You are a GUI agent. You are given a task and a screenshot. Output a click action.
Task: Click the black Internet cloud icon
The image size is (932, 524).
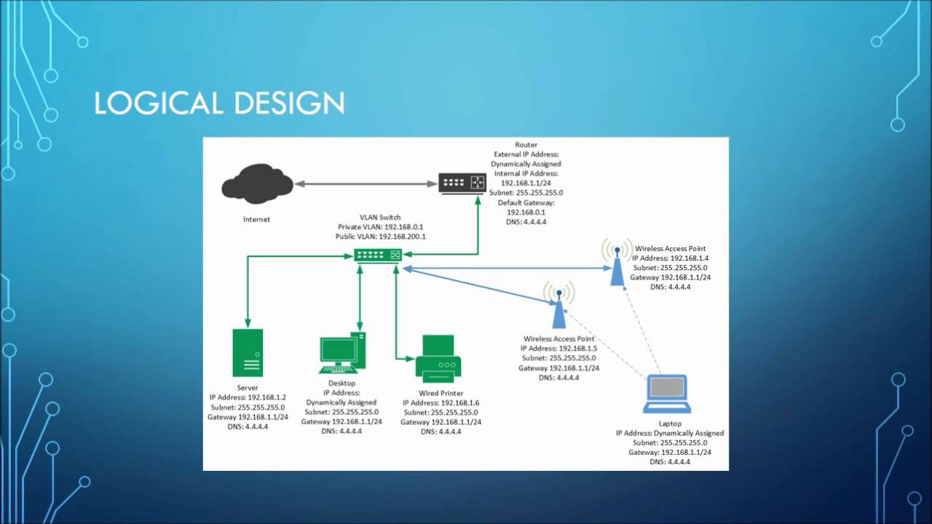[257, 184]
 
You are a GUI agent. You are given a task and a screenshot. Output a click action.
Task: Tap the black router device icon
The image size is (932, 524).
[462, 183]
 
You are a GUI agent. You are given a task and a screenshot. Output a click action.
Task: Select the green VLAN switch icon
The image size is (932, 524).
[378, 255]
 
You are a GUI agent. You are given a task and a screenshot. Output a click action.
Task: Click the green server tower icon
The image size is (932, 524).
[248, 353]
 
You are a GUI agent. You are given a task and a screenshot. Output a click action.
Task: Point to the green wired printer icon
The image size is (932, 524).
[438, 358]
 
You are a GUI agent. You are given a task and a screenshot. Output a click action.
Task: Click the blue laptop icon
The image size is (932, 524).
[667, 394]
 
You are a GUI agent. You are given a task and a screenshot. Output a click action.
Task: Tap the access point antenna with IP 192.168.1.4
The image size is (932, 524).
[617, 262]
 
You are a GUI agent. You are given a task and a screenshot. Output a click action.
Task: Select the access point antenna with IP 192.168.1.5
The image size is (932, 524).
[558, 305]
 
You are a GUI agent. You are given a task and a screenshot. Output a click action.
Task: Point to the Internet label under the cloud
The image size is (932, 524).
[256, 219]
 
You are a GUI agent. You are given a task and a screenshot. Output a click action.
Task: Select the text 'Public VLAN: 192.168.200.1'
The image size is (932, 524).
[380, 237]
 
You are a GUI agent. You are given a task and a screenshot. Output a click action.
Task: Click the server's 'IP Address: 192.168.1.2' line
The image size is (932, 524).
[248, 398]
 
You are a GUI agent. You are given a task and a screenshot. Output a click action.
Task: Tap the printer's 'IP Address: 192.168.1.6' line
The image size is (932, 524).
[441, 403]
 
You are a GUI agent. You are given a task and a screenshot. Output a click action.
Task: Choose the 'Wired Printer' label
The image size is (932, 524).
[440, 394]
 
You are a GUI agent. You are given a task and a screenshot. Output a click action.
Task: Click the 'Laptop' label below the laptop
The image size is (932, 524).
[670, 424]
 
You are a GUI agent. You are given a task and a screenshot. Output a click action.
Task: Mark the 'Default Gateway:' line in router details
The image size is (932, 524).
[526, 202]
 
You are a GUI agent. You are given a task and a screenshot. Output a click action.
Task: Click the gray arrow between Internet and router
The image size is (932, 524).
[366, 183]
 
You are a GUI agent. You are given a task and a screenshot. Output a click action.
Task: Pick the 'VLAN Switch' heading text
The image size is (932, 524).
[380, 217]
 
